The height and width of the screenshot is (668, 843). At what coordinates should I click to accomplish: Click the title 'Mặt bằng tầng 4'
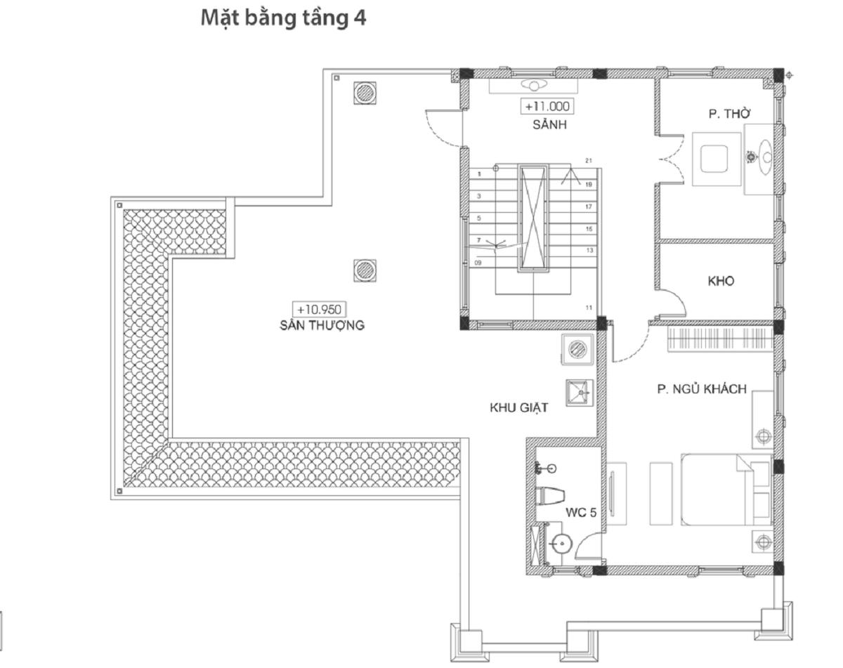284,18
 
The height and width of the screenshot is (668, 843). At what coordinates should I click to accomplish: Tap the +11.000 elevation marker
547,106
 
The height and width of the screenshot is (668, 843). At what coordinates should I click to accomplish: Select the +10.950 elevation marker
319,310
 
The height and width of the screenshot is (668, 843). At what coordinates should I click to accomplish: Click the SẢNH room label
549,124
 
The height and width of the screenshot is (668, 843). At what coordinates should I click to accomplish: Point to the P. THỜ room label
729,114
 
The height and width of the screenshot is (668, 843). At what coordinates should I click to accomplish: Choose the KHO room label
721,281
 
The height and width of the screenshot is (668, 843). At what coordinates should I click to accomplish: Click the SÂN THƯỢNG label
322,325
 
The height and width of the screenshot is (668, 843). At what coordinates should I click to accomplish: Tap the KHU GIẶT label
519,408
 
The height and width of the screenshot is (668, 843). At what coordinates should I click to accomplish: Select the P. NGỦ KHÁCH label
702,389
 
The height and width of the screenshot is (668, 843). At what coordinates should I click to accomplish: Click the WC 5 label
581,513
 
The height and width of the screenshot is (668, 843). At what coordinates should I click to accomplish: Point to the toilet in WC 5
549,496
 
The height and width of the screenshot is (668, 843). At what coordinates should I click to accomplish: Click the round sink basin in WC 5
561,544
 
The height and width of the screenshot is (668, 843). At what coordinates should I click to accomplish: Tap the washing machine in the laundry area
577,349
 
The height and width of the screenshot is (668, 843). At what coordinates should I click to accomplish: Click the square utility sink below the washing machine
580,393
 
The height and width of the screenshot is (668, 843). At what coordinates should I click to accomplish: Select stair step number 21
589,161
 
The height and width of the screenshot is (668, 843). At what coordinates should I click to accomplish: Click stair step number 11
589,308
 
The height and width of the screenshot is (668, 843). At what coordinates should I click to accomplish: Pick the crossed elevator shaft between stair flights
533,218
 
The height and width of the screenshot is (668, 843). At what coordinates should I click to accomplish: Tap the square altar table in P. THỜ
717,159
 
